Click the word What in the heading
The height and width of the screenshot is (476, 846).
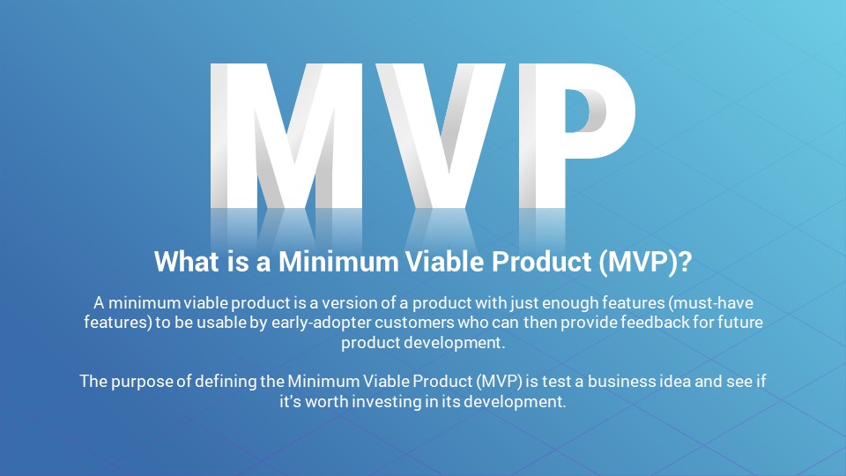(x=187, y=261)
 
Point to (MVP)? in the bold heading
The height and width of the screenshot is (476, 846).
(x=645, y=263)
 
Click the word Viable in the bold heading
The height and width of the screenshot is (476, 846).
(x=444, y=261)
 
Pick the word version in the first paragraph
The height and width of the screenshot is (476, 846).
(x=349, y=303)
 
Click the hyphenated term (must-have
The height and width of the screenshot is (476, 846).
(x=710, y=303)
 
